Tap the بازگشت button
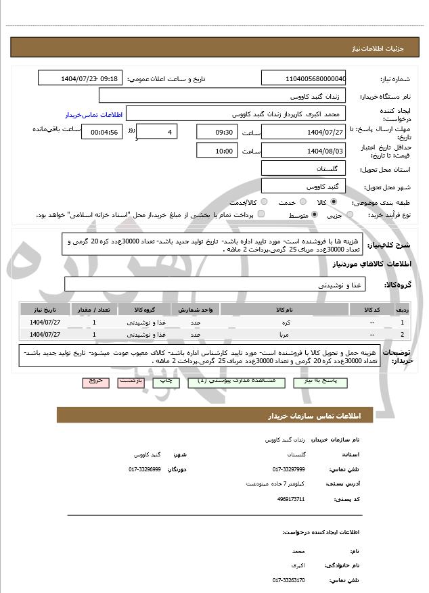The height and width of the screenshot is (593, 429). [x=130, y=382]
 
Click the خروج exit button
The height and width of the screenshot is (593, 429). [x=95, y=382]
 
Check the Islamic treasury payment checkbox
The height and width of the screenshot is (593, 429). [x=261, y=215]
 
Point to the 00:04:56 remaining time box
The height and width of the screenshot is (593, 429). [x=101, y=132]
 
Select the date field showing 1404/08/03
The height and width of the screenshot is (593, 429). [x=303, y=150]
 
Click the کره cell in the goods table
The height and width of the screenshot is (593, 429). [x=285, y=323]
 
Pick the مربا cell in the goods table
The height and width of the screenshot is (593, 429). [x=285, y=334]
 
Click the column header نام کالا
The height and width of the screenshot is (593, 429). [x=285, y=310]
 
